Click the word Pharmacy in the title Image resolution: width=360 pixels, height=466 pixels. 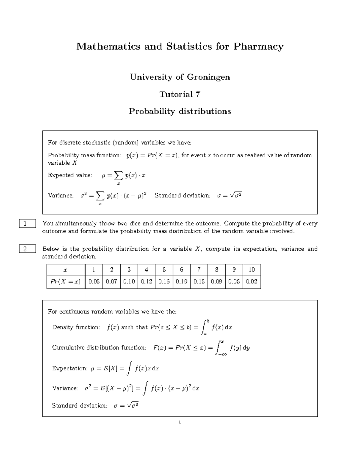pos(258,47)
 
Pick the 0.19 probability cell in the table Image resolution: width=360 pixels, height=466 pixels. pos(181,282)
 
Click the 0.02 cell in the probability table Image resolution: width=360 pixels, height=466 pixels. pos(251,282)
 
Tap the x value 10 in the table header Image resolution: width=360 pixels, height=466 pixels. pos(251,269)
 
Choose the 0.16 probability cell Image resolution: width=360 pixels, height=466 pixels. pos(164,282)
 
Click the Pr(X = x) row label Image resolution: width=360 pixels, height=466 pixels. pos(65,282)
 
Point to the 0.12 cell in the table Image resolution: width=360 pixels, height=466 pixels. pos(146,282)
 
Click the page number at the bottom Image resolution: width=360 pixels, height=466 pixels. pos(180,422)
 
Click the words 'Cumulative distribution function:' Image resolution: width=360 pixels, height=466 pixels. pos(99,348)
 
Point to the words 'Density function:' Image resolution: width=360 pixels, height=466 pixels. pos(76,327)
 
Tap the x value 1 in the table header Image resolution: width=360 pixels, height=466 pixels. pos(94,269)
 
